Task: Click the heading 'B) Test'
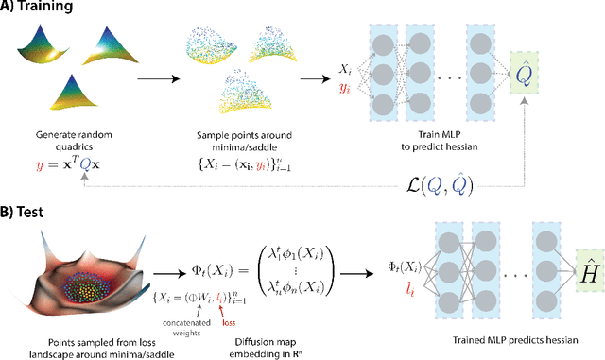click(x=27, y=203)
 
